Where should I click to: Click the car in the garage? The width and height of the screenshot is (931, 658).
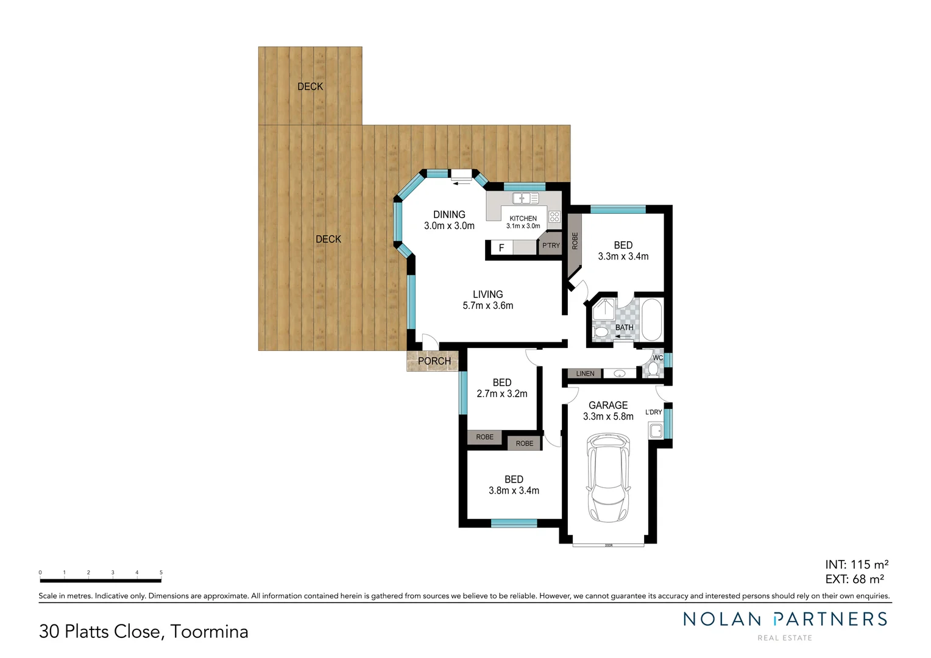[607, 478]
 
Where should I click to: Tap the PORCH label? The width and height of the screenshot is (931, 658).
[434, 361]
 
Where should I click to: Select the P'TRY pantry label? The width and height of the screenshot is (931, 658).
[551, 246]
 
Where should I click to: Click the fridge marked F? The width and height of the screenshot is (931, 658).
[501, 248]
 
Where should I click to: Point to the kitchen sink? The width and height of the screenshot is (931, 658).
[525, 198]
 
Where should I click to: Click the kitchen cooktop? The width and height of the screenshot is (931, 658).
[554, 216]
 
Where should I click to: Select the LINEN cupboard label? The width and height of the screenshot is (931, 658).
[585, 373]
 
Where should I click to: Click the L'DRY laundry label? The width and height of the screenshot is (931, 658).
[653, 412]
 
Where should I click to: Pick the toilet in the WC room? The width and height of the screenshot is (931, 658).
[654, 369]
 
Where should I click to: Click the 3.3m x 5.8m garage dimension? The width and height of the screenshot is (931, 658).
[608, 417]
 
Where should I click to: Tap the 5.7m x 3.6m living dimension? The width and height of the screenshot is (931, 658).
[487, 306]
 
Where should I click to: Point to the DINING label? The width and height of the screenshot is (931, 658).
[449, 214]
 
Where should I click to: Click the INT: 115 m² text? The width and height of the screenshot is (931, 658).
[856, 565]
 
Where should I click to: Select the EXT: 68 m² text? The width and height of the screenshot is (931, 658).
[854, 579]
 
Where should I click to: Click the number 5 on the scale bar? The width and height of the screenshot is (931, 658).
[161, 573]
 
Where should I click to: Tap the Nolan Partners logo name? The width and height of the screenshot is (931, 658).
[785, 620]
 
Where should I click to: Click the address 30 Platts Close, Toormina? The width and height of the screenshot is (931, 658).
[144, 631]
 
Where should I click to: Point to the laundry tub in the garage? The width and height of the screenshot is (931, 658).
[656, 431]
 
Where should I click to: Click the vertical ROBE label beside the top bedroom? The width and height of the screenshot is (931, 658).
[575, 241]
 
